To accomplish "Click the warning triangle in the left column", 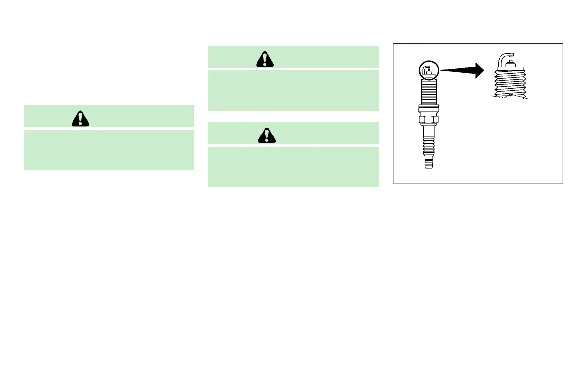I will pyautogui.click(x=79, y=118).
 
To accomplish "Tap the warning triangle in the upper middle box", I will pyautogui.click(x=265, y=59).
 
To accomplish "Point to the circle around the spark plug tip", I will pyautogui.click(x=427, y=71).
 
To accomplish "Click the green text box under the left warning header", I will pyautogui.click(x=109, y=150).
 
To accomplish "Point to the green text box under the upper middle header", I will pyautogui.click(x=293, y=90).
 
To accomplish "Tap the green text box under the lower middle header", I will pyautogui.click(x=293, y=167).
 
